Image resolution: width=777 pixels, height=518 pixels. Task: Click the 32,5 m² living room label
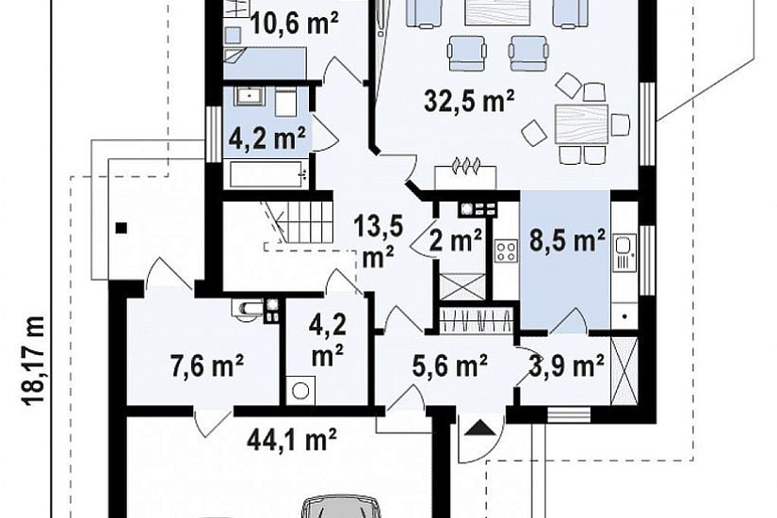(x=469, y=102)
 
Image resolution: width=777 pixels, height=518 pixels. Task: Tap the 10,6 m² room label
(x=295, y=23)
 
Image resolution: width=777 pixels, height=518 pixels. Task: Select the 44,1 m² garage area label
(x=292, y=439)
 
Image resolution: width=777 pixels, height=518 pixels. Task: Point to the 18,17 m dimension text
(x=35, y=362)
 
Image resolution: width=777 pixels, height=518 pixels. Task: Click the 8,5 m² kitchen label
(x=567, y=240)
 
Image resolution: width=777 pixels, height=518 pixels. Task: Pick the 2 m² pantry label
(x=456, y=241)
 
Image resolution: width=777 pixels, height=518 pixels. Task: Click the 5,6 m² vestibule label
(x=449, y=365)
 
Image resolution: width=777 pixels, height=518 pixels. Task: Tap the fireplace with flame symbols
(x=465, y=173)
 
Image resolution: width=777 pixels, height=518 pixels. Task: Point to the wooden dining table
(x=581, y=124)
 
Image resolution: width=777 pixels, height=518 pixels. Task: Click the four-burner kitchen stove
(x=507, y=251)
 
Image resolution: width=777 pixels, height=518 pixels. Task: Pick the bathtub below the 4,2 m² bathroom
(x=267, y=174)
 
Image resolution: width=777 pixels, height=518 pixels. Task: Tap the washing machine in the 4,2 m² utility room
(x=299, y=390)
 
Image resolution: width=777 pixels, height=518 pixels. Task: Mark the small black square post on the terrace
(x=121, y=228)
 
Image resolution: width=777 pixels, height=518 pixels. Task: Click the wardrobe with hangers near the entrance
(x=476, y=319)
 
